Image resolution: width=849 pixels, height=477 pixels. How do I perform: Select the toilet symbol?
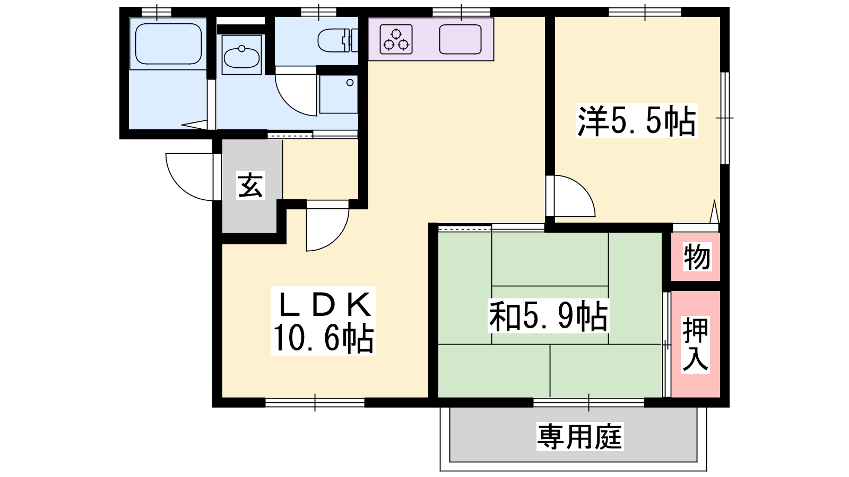click(337, 40)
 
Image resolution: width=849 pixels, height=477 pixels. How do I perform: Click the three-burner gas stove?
click(396, 39)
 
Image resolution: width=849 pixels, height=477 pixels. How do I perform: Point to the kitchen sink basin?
click(460, 39)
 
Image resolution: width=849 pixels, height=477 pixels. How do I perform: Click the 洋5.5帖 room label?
click(637, 121)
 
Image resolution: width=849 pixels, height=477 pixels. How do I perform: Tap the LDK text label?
click(324, 305)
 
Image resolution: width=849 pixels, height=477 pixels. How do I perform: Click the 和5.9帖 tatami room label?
click(549, 316)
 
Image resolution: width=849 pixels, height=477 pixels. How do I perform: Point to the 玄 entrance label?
click(250, 185)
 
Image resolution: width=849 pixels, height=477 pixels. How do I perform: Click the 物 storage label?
click(697, 257)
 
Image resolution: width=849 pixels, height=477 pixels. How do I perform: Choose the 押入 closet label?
click(696, 345)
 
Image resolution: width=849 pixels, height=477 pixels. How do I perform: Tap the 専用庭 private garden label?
click(580, 437)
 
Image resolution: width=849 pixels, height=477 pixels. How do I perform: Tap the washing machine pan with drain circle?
click(339, 94)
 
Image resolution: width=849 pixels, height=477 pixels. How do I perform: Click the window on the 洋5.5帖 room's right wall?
click(724, 118)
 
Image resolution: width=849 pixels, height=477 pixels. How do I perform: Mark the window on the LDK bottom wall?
click(315, 402)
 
